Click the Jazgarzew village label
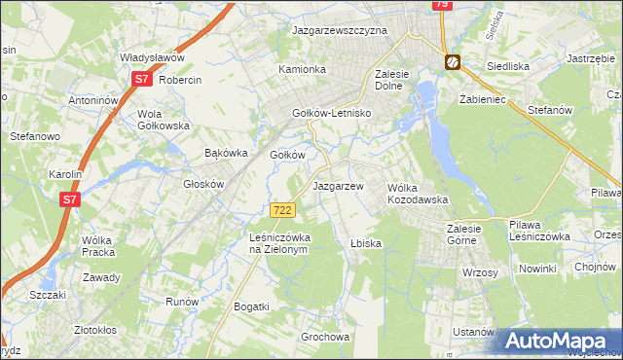tap(337, 185)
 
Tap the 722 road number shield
tap(282, 210)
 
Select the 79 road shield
tap(442, 5)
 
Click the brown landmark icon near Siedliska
tap(453, 63)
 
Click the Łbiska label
tap(365, 242)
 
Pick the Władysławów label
tap(152, 58)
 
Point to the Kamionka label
tap(302, 70)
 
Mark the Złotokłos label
tap(102, 330)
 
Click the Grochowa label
tap(325, 338)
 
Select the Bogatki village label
tap(251, 306)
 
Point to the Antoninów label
tap(93, 100)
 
